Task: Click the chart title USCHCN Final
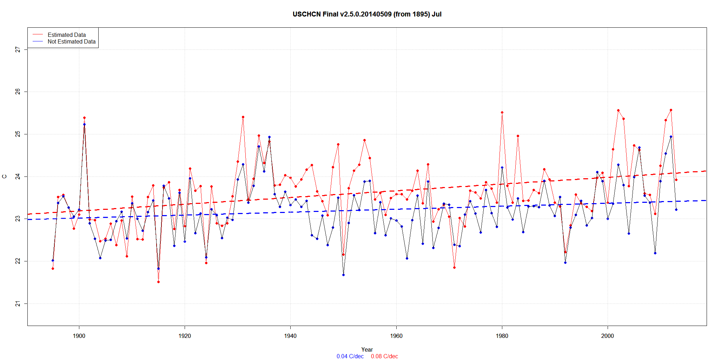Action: pyautogui.click(x=367, y=14)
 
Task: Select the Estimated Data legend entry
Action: pyautogui.click(x=67, y=35)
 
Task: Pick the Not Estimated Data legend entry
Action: pyautogui.click(x=72, y=41)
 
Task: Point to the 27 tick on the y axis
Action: pyautogui.click(x=18, y=50)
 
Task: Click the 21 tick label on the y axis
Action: pyautogui.click(x=18, y=304)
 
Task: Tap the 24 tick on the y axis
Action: pyautogui.click(x=18, y=176)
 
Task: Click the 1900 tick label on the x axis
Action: pyautogui.click(x=79, y=336)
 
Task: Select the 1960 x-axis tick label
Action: pyautogui.click(x=396, y=336)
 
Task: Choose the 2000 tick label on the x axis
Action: pyautogui.click(x=608, y=336)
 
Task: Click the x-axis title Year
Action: pyautogui.click(x=367, y=349)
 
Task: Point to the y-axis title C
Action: pyautogui.click(x=5, y=176)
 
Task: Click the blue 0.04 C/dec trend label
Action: pyautogui.click(x=350, y=356)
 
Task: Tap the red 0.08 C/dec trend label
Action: pyautogui.click(x=384, y=356)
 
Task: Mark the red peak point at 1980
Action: pyautogui.click(x=502, y=112)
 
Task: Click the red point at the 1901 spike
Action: pyautogui.click(x=84, y=118)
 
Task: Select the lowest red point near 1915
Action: pyautogui.click(x=158, y=282)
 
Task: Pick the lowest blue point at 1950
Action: pyautogui.click(x=343, y=275)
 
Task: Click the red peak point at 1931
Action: pyautogui.click(x=243, y=117)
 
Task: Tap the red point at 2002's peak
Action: pyautogui.click(x=618, y=110)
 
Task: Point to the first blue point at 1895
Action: pyautogui.click(x=53, y=260)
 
